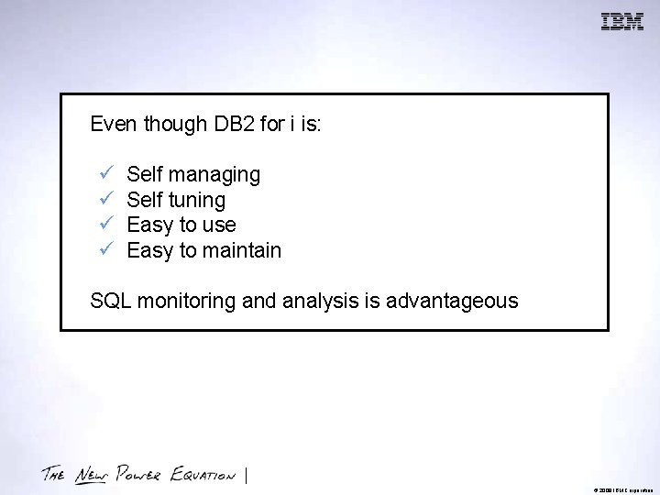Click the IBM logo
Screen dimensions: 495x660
[x=622, y=22]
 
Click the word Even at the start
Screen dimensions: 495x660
[x=111, y=125]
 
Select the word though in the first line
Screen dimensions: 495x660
[x=172, y=125]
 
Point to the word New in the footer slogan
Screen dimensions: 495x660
[x=91, y=474]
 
